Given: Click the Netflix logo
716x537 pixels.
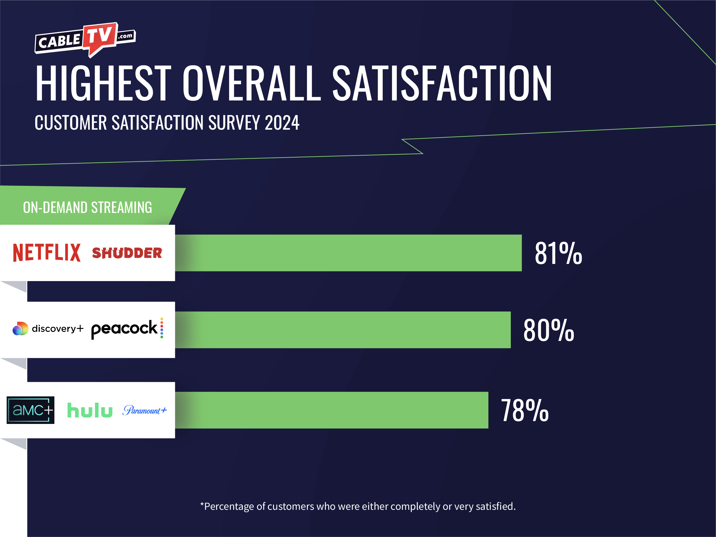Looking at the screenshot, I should [47, 252].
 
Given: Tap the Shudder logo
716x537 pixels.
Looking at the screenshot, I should [127, 253].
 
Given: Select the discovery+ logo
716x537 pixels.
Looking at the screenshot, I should [48, 329].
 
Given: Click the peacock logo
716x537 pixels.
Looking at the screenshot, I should [124, 329].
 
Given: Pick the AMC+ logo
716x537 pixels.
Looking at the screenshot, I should [30, 410].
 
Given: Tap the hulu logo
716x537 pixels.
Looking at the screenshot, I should [90, 410].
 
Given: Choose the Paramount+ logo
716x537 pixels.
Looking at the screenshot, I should [144, 410].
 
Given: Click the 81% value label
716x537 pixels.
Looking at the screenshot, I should [558, 253].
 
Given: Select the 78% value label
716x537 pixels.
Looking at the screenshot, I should [524, 410].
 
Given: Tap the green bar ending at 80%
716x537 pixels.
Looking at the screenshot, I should [342, 330].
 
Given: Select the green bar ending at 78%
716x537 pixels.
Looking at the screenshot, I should [331, 410].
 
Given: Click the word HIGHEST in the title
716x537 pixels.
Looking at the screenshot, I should [103, 83].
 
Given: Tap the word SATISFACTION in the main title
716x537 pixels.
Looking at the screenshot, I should [442, 83].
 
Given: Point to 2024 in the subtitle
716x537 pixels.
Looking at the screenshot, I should [282, 123].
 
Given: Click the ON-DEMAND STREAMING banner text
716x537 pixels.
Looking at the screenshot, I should [87, 208].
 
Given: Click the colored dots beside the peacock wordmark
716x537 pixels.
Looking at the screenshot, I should [161, 328].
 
